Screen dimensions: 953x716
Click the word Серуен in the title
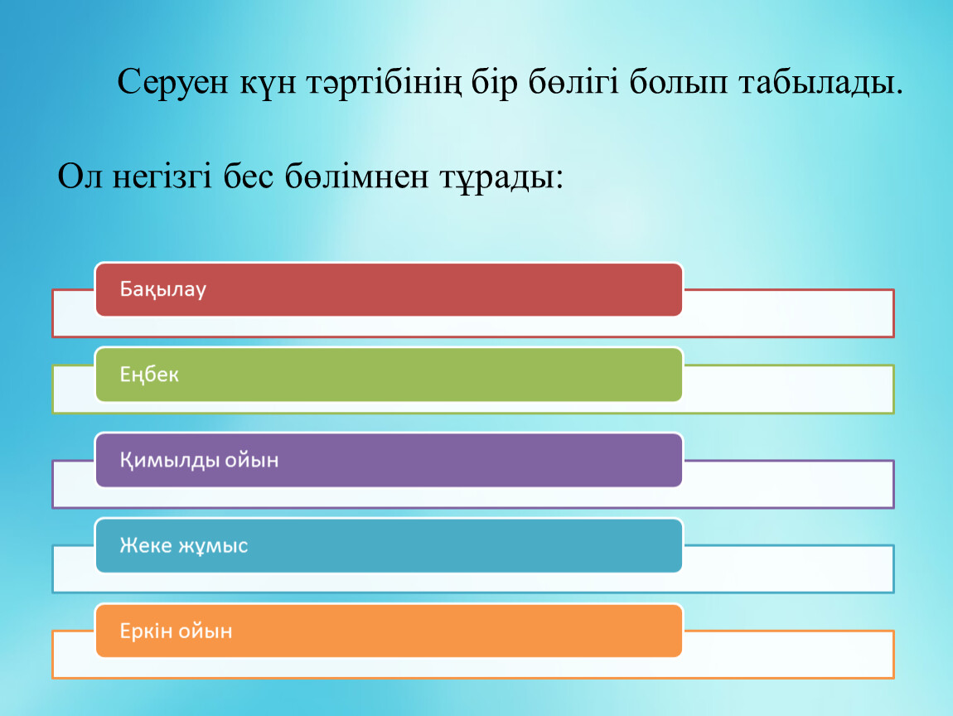tap(172, 82)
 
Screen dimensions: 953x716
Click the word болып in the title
tap(678, 81)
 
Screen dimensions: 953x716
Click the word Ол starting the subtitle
tap(80, 177)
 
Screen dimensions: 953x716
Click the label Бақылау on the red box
tap(163, 289)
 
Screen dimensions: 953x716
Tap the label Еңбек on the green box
tap(149, 375)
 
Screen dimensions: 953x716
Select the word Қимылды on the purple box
tap(170, 460)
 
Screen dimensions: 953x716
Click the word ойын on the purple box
tap(252, 460)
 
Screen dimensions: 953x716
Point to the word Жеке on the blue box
tap(146, 545)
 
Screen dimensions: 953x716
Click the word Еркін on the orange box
tap(146, 631)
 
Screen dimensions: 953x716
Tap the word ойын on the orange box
tap(206, 631)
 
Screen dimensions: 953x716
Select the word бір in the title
tap(495, 82)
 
